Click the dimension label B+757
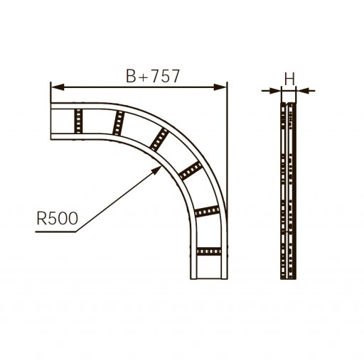(x=153, y=76)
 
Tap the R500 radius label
(x=58, y=218)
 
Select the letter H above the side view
(x=289, y=79)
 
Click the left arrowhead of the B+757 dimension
(x=58, y=87)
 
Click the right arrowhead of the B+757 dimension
(x=220, y=87)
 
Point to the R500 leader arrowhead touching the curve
(x=157, y=170)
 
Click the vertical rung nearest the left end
(x=78, y=121)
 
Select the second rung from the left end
(x=119, y=123)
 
